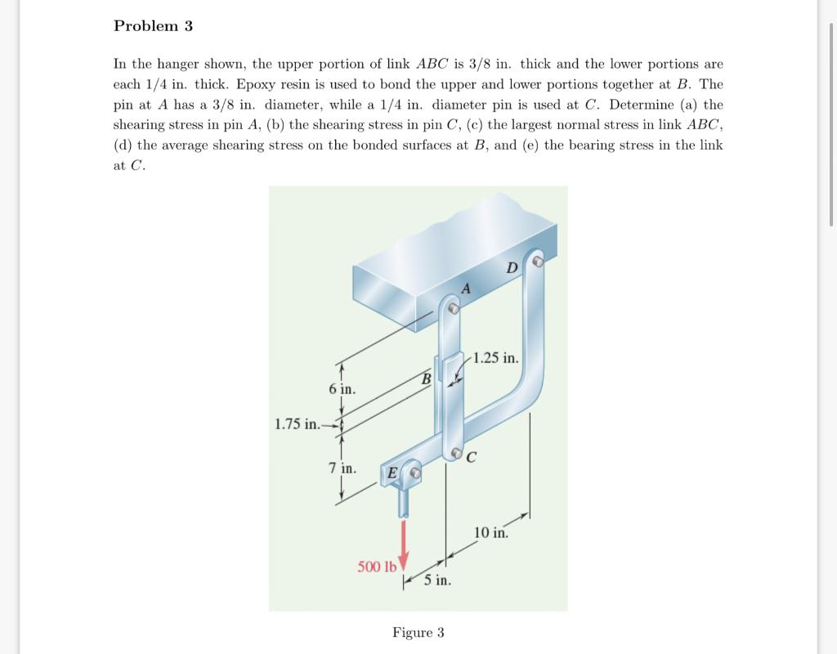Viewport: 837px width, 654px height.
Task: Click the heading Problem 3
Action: [153, 26]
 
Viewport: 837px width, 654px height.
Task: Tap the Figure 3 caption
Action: [418, 633]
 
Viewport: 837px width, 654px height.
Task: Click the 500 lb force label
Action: [376, 567]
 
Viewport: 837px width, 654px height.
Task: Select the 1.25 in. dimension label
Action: [496, 358]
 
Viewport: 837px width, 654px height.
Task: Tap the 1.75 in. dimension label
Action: [298, 423]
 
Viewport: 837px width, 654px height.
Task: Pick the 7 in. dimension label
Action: [342, 468]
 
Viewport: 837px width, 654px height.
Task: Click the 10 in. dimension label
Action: [490, 533]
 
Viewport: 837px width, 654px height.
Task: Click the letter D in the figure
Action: [512, 268]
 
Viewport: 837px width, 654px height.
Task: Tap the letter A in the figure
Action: [466, 288]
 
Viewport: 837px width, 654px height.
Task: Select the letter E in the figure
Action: [392, 473]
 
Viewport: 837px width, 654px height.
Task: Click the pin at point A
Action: [454, 309]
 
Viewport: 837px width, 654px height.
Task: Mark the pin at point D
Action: [537, 262]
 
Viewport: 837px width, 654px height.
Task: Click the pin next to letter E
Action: [414, 473]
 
